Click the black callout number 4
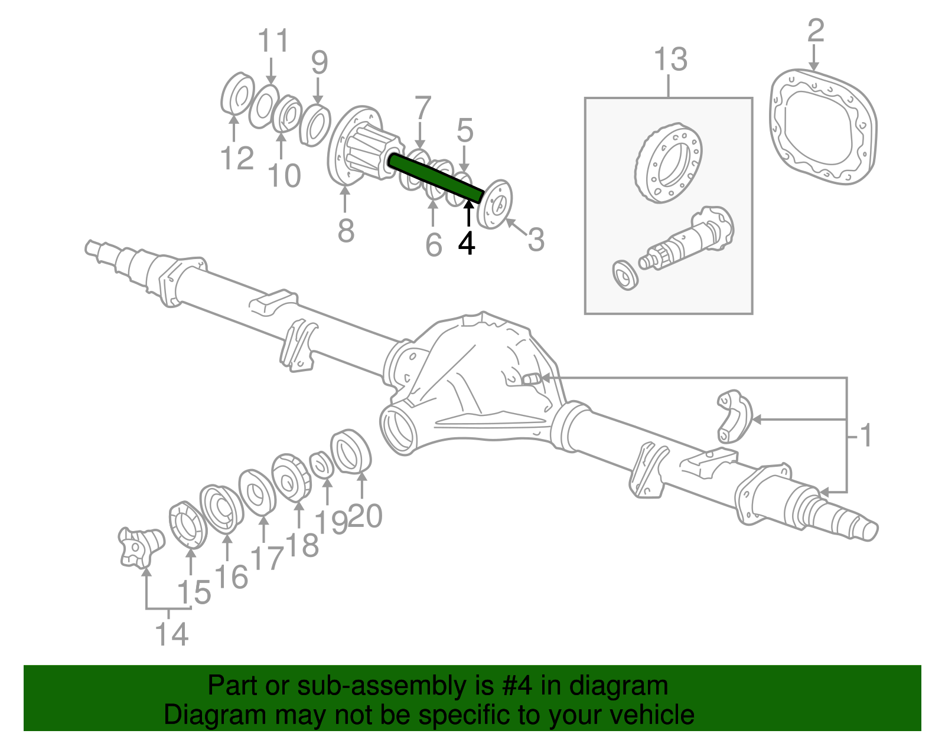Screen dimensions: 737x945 (x=467, y=244)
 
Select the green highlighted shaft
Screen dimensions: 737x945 (x=436, y=177)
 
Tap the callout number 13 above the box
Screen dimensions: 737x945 (x=670, y=60)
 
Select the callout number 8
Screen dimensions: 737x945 (x=346, y=230)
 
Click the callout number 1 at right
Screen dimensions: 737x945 (x=865, y=436)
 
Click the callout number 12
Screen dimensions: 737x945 (x=237, y=158)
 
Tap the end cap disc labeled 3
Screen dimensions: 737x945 (x=495, y=204)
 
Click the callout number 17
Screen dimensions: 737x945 (x=267, y=558)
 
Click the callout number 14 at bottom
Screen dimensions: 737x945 (x=172, y=634)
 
